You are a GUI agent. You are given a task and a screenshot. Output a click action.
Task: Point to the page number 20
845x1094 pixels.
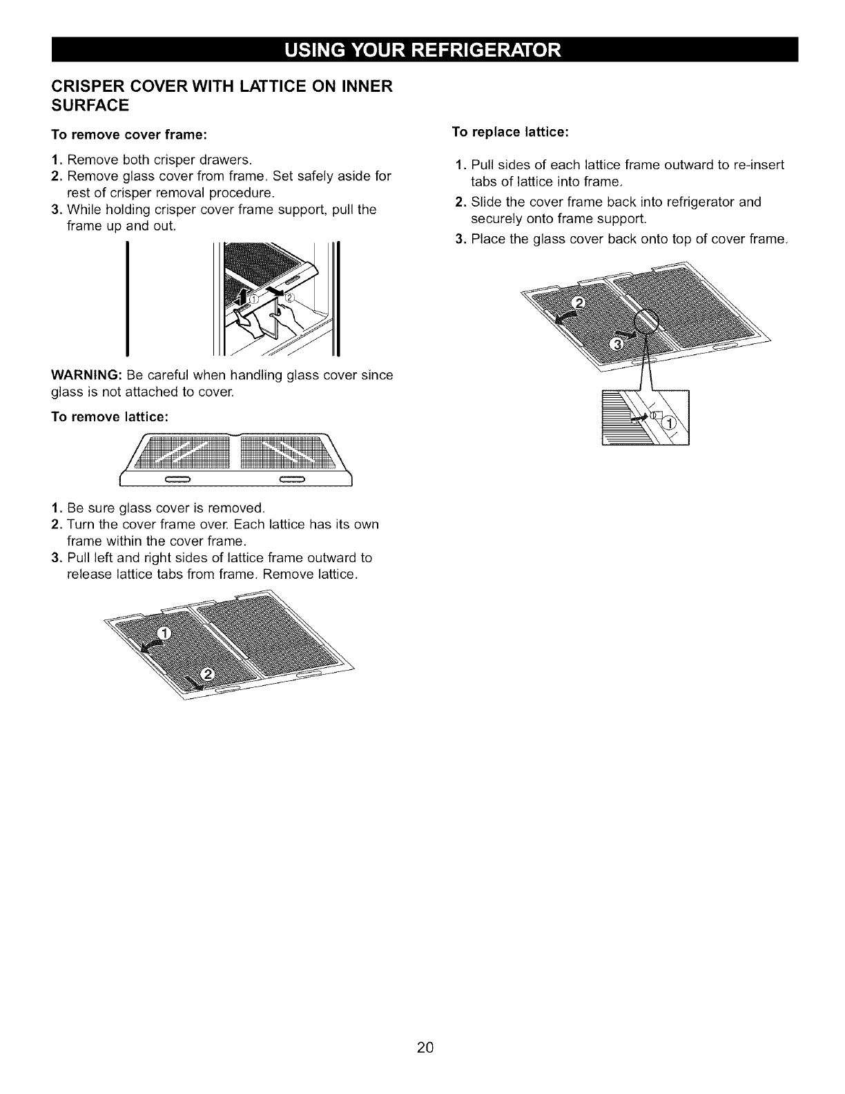tap(425, 1047)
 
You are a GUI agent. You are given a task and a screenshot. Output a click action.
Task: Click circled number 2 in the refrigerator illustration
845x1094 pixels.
tap(289, 298)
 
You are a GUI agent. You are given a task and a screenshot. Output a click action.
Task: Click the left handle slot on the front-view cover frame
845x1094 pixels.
tap(177, 479)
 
